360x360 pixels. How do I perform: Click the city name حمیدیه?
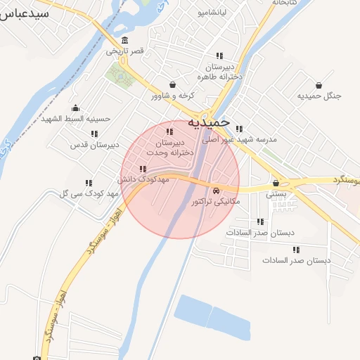pyautogui.click(x=210, y=122)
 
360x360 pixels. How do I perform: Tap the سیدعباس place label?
pyautogui.click(x=25, y=13)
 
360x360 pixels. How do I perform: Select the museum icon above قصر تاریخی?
pyautogui.click(x=124, y=39)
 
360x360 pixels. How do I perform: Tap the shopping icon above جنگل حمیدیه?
pyautogui.click(x=319, y=84)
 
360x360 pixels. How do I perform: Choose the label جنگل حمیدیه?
pyautogui.click(x=319, y=96)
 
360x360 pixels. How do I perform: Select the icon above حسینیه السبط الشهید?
pyautogui.click(x=75, y=108)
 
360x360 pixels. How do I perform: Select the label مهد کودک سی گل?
pyautogui.click(x=89, y=193)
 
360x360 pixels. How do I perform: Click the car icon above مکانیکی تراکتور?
pyautogui.click(x=215, y=191)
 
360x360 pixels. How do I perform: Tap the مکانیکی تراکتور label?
pyautogui.click(x=216, y=202)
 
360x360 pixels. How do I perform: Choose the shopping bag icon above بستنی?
pyautogui.click(x=275, y=182)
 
